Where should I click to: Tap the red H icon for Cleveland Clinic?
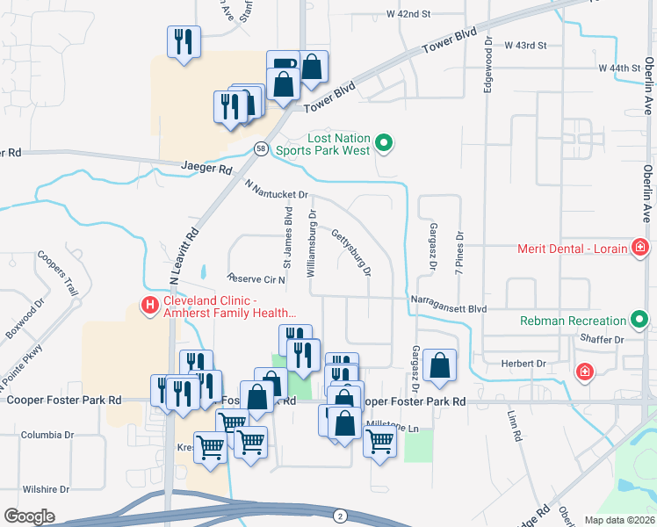pyautogui.click(x=150, y=306)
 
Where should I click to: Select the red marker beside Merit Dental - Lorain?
pyautogui.click(x=641, y=249)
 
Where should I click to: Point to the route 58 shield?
pyautogui.click(x=261, y=149)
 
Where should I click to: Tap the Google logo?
pyautogui.click(x=29, y=516)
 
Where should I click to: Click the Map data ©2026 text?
pyautogui.click(x=619, y=520)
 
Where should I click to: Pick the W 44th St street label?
pyautogui.click(x=620, y=67)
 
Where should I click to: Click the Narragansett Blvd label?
pyautogui.click(x=448, y=308)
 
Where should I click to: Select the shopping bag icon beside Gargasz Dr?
pyautogui.click(x=439, y=366)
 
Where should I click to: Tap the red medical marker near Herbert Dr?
pyautogui.click(x=584, y=372)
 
